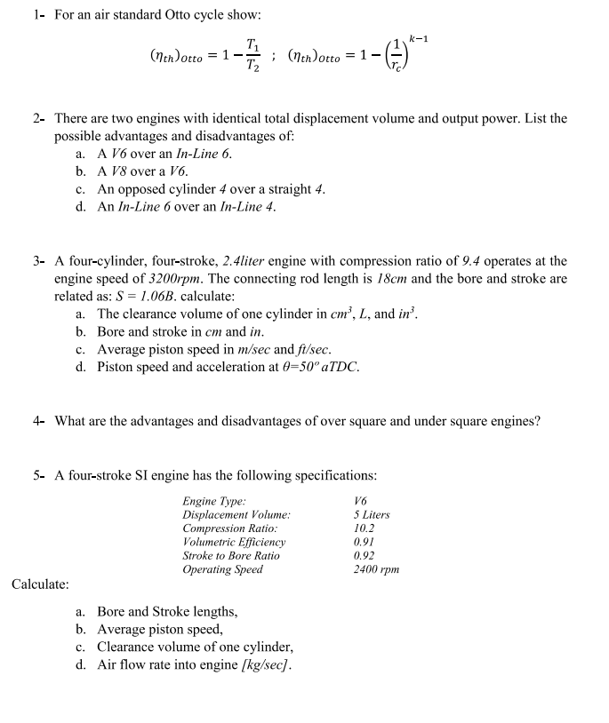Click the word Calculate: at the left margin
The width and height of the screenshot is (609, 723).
coord(40,584)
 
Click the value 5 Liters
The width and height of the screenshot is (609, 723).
coord(372,515)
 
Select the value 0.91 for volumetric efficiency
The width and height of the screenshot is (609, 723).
coord(365,542)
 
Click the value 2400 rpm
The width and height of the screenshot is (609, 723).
coord(376,569)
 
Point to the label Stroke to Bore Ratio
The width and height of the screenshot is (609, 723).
coord(231,556)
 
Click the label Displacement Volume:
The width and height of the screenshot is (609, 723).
coord(236,515)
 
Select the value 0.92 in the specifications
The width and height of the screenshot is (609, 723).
coord(365,556)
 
